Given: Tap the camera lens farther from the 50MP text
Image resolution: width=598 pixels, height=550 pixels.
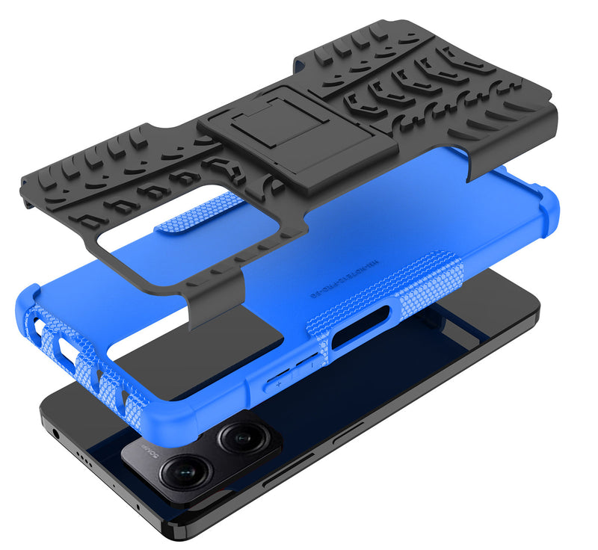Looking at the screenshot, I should pyautogui.click(x=238, y=436).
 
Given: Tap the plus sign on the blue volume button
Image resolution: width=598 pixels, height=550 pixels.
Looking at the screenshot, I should pyautogui.click(x=278, y=383).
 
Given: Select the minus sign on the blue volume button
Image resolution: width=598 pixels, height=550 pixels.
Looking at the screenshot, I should pyautogui.click(x=306, y=367).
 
